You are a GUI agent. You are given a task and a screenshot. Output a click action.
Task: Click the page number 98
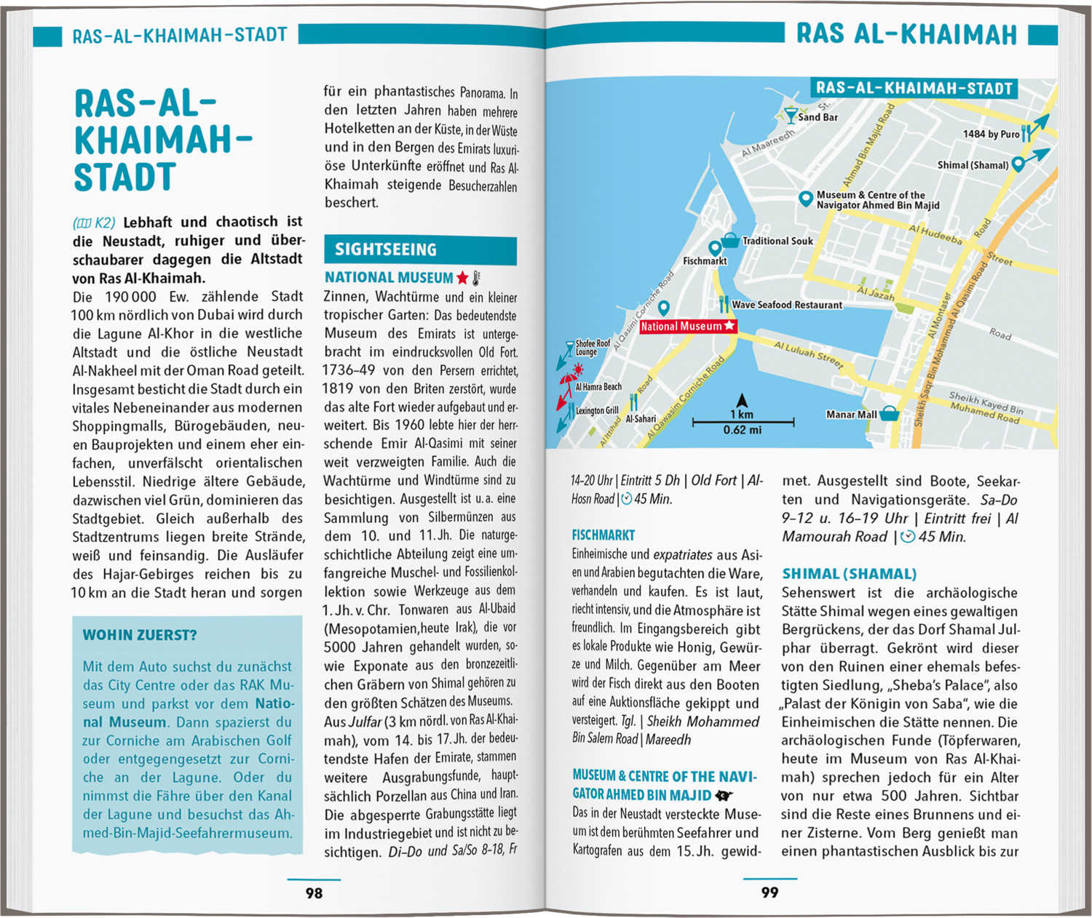coord(314,893)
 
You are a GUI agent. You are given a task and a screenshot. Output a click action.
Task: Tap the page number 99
coord(769,893)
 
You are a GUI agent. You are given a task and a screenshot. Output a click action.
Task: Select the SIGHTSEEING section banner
coord(420,250)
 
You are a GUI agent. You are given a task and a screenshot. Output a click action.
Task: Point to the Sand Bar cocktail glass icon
coord(790,115)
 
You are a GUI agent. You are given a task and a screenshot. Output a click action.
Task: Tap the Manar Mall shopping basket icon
coord(890,414)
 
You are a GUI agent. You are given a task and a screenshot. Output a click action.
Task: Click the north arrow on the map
coord(742,400)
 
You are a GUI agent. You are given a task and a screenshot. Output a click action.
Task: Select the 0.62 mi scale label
coord(742,431)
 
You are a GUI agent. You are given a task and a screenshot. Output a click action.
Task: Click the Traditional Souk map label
coord(778,241)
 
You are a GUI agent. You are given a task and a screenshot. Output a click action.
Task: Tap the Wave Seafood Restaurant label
coord(786,305)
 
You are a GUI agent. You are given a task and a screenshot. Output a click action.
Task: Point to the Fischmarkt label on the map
coord(705,260)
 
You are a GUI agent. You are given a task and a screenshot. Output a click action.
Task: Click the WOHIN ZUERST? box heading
coord(140,635)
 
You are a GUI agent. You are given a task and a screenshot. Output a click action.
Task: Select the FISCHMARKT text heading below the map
coord(603,535)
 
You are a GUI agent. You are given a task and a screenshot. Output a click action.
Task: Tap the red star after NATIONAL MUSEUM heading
coord(462,278)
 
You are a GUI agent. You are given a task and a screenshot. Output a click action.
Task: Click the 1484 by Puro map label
coord(991,134)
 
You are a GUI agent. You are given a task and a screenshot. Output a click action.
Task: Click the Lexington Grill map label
coord(597,411)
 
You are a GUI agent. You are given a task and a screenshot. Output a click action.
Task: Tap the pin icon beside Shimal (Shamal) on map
coord(1018,164)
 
